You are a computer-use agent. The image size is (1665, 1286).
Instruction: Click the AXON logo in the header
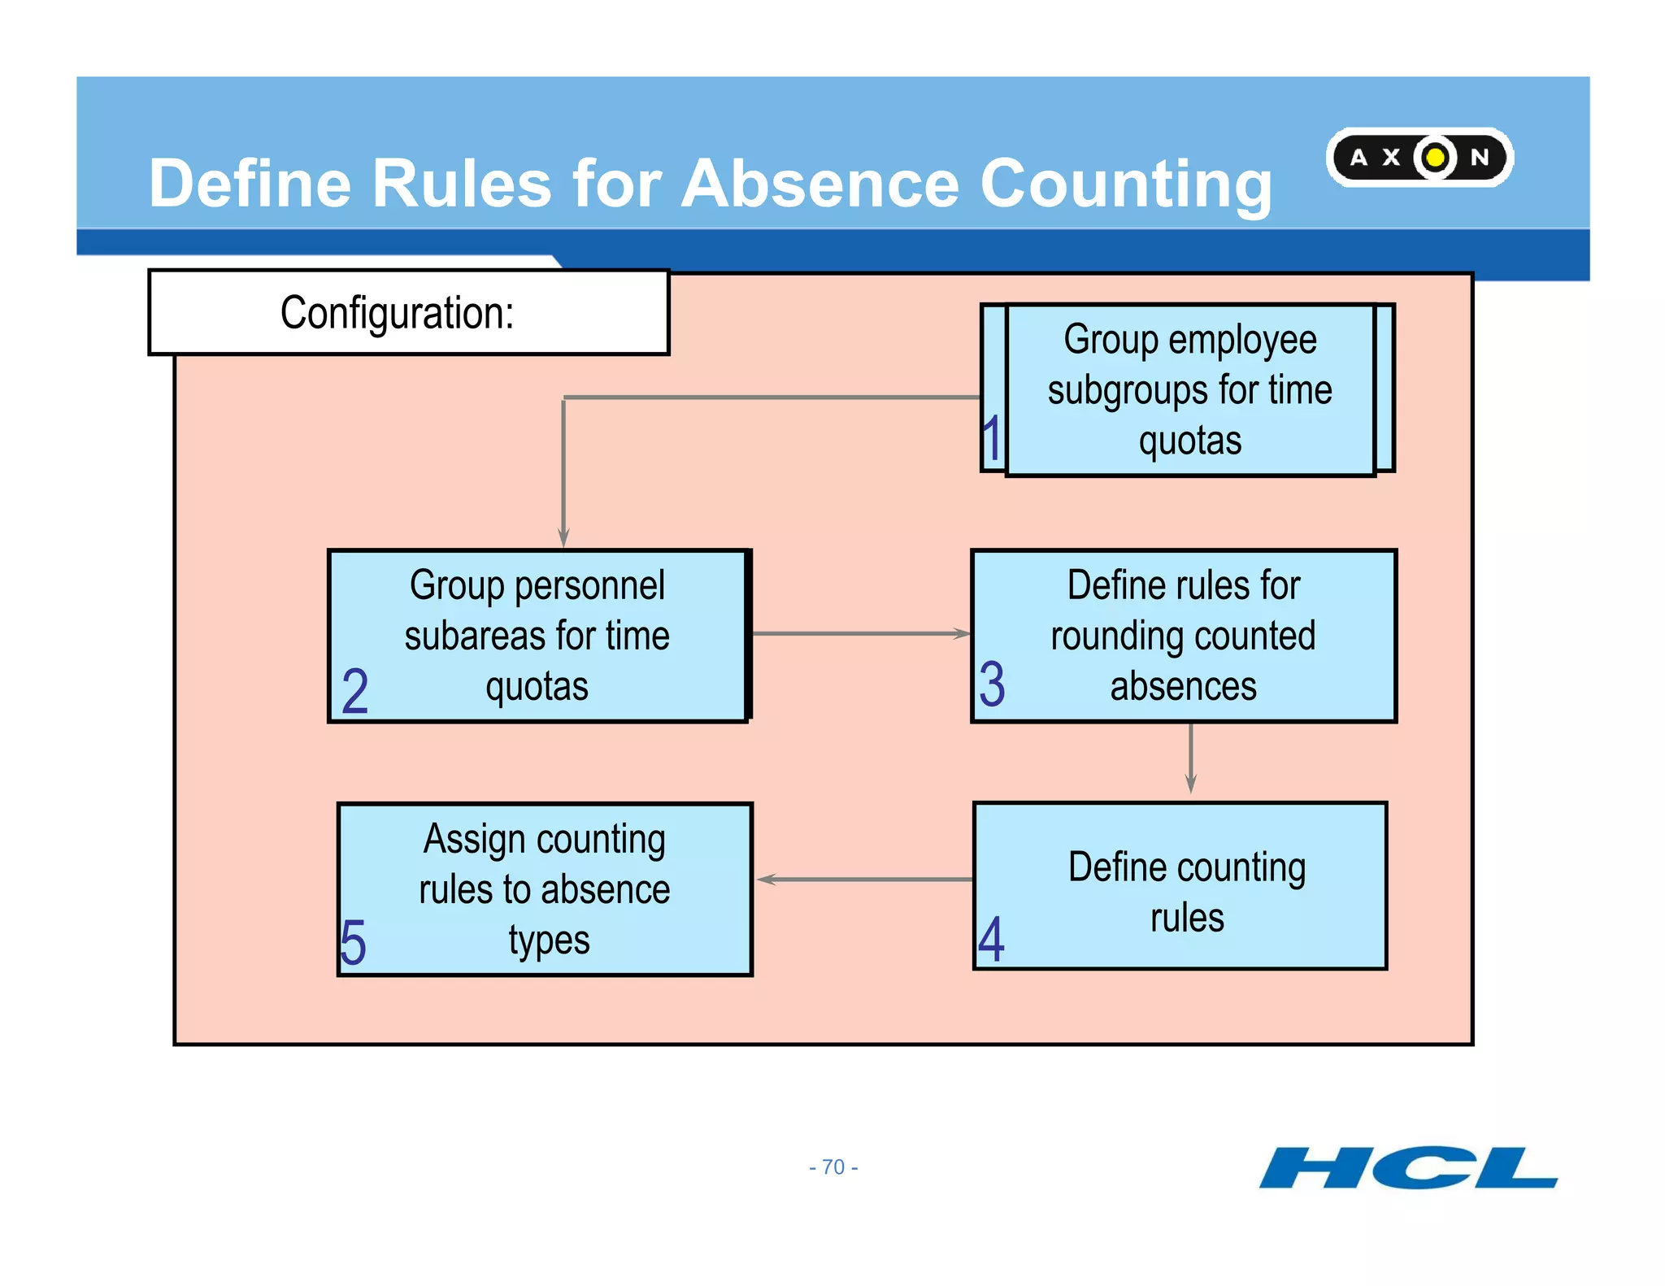click(x=1419, y=157)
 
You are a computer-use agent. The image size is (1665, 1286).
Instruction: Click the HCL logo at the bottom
click(x=1408, y=1167)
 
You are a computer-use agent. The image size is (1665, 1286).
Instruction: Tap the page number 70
click(x=833, y=1167)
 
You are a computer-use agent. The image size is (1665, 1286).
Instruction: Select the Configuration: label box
click(x=408, y=313)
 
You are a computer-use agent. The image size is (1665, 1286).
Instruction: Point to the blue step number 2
click(x=355, y=691)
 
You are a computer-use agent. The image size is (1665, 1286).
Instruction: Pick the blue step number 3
click(x=992, y=684)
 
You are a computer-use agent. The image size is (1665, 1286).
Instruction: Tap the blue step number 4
click(x=991, y=939)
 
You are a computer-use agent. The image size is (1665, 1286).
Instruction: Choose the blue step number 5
click(x=354, y=943)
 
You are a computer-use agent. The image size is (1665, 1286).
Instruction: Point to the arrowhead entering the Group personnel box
click(x=563, y=537)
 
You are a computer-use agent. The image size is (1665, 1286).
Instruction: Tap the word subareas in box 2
click(x=471, y=636)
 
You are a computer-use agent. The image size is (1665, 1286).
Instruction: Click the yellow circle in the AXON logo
click(x=1435, y=157)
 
